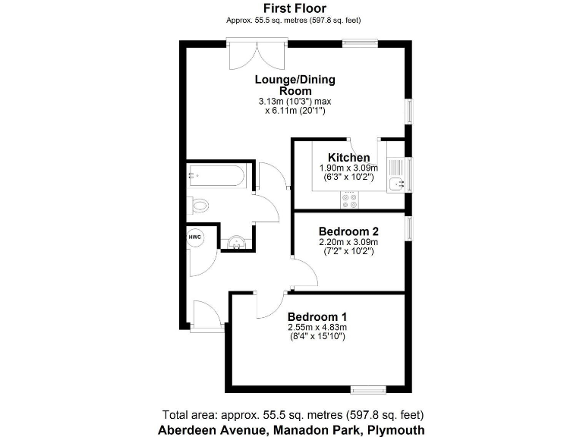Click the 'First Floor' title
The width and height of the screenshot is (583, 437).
(295, 8)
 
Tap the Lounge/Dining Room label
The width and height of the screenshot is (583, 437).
(295, 85)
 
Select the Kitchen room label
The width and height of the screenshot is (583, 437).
(348, 158)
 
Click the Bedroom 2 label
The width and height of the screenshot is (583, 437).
(348, 231)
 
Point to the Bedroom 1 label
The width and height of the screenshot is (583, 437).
(317, 316)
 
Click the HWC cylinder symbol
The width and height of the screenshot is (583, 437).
(194, 237)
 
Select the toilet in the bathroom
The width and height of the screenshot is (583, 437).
(199, 205)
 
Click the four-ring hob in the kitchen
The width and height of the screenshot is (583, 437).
(351, 201)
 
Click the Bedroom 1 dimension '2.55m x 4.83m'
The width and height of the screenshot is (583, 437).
(317, 327)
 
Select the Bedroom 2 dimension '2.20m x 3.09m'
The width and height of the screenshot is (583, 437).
(348, 242)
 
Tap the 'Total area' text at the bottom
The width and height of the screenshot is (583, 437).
(293, 414)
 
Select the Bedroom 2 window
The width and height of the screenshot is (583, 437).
(408, 228)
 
